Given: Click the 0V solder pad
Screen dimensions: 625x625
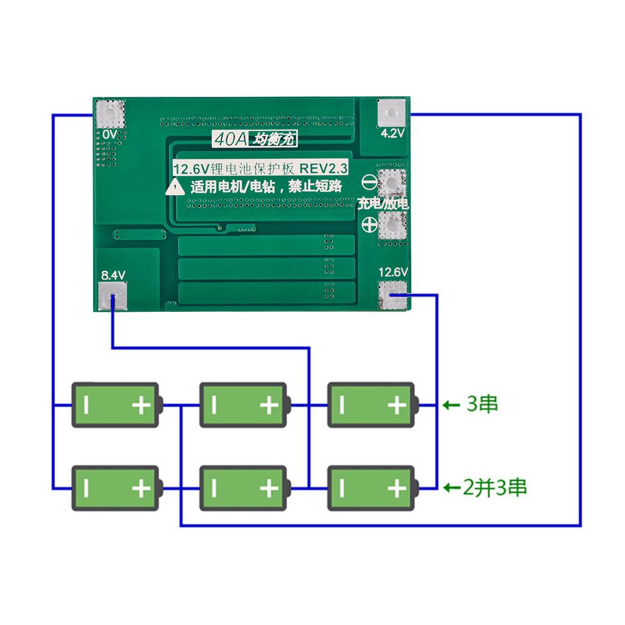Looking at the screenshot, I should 111,114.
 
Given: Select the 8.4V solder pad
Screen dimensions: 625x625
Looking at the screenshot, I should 112,295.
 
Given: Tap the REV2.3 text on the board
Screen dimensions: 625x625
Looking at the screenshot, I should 324,168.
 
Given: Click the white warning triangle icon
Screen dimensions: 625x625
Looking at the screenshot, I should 175,186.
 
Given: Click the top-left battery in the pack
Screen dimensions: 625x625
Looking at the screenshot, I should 115,405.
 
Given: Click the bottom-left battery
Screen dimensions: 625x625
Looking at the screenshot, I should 115,487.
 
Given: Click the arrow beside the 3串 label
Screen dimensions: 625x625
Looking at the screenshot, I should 451,405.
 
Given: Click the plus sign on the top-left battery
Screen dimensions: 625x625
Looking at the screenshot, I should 142,406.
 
